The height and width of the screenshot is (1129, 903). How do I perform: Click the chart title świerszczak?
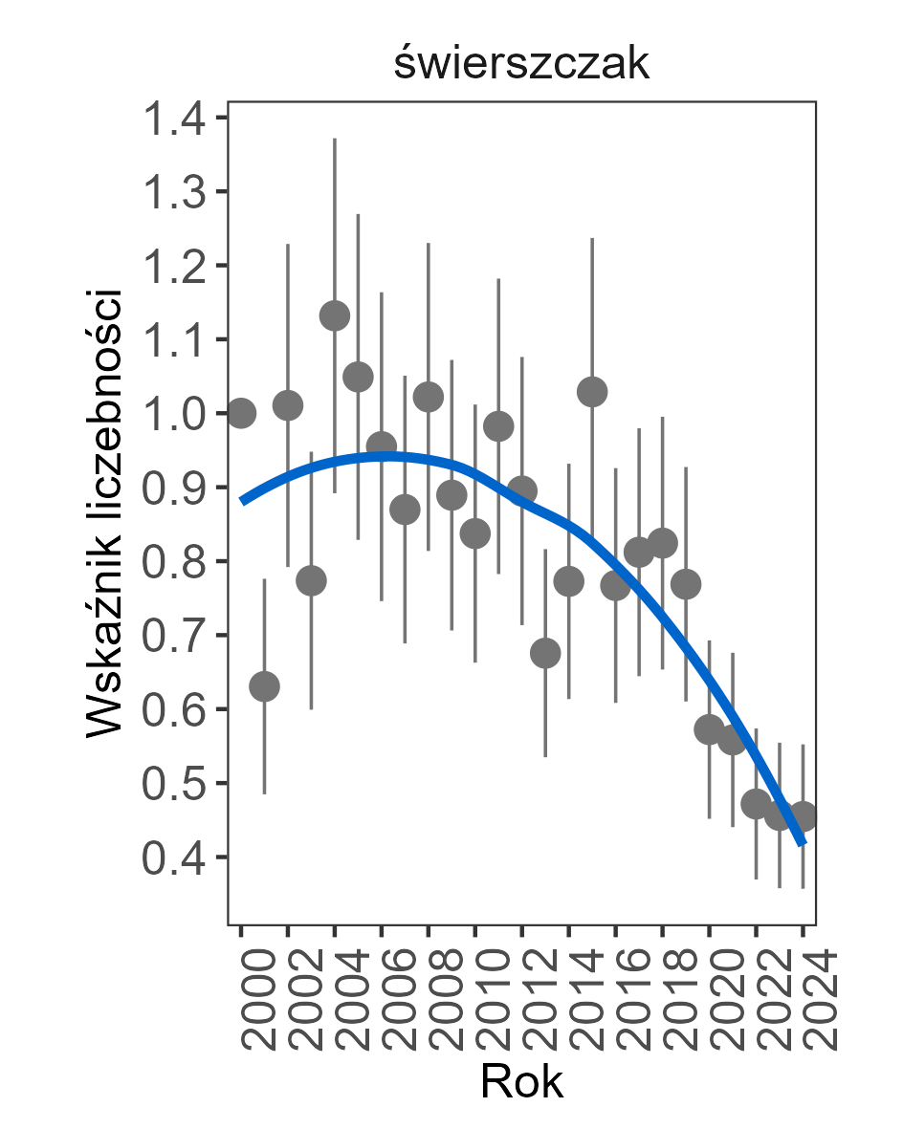(x=521, y=65)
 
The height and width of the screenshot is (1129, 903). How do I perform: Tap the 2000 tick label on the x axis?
(x=242, y=999)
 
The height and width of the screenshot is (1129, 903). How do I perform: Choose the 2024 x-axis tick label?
(x=804, y=999)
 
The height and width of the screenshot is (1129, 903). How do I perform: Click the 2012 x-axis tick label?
(x=523, y=999)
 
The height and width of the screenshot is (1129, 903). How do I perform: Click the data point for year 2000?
(x=241, y=413)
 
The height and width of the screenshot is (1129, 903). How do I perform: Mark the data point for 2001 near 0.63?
(x=264, y=686)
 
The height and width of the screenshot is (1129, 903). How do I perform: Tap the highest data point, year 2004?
(x=335, y=315)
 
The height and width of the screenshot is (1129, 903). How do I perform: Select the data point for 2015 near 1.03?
(x=592, y=391)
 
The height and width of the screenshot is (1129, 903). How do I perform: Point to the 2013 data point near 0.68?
(x=545, y=653)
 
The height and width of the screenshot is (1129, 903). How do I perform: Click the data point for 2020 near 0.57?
(x=709, y=730)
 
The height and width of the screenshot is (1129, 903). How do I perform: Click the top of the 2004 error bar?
(x=335, y=140)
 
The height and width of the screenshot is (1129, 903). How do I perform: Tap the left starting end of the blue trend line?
(x=242, y=500)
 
